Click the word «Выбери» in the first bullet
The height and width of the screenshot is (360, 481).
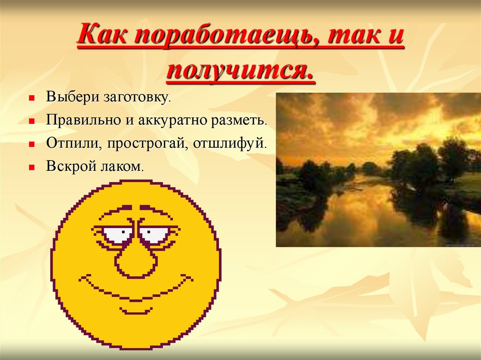coord(66,98)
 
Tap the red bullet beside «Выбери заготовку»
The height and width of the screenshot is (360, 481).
coord(32,99)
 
